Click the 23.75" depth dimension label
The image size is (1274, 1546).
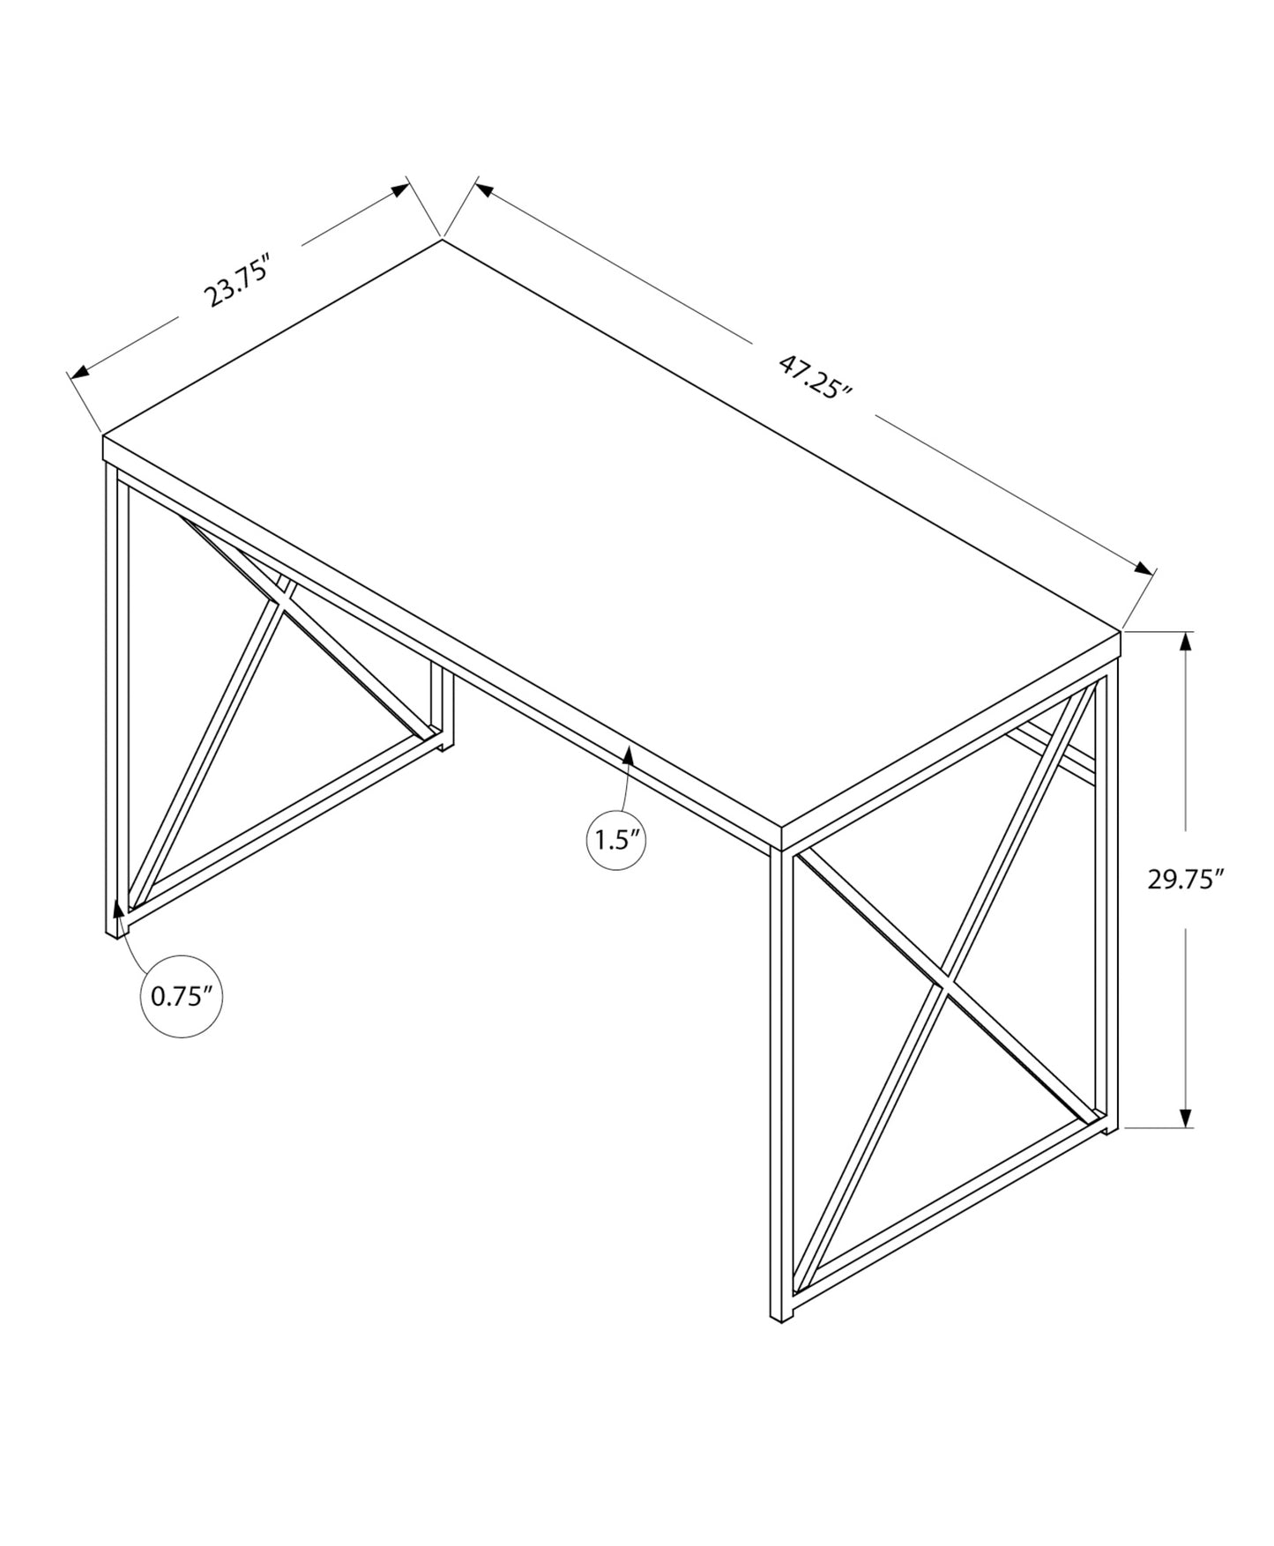[235, 280]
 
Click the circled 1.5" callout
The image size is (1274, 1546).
[616, 839]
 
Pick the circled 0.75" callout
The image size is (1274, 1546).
[182, 996]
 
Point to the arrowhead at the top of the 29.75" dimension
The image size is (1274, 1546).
[1187, 643]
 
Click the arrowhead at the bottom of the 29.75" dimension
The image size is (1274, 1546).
[1187, 1117]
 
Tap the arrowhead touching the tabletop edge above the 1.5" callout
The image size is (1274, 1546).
[628, 754]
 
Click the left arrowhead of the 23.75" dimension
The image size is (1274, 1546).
[80, 372]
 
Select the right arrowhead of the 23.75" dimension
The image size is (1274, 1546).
[400, 190]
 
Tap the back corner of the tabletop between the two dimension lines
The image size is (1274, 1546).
[442, 239]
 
